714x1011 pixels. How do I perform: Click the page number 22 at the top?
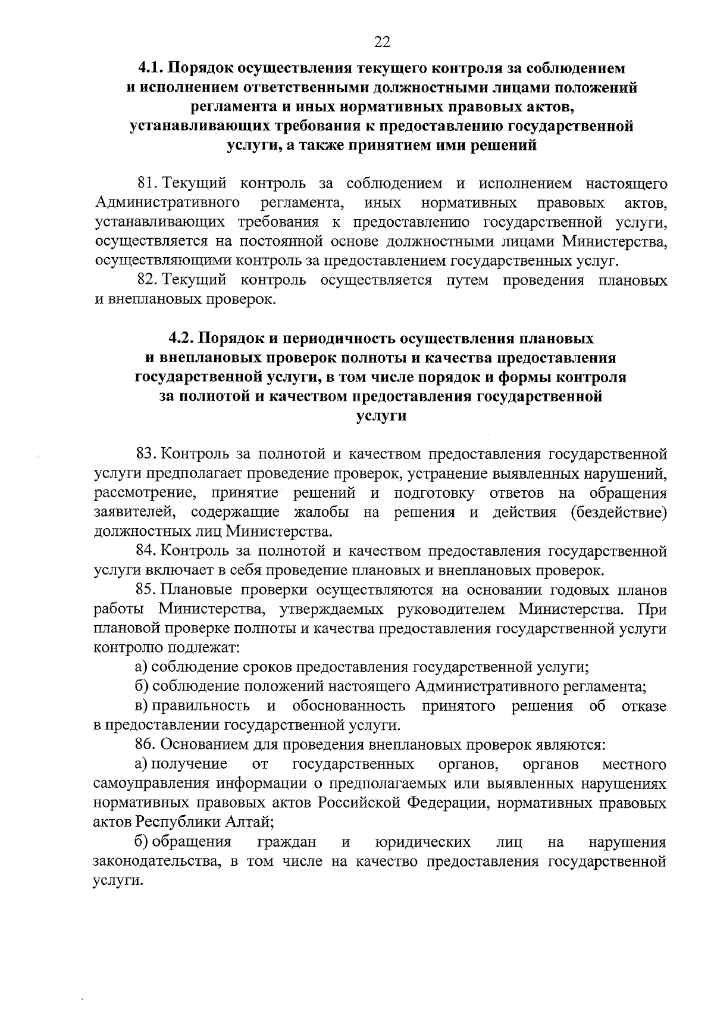[381, 41]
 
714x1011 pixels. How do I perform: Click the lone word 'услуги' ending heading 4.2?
[381, 416]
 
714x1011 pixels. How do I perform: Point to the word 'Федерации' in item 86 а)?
[447, 803]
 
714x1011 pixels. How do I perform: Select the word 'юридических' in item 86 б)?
[424, 842]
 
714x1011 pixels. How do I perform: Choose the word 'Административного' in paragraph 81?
[167, 203]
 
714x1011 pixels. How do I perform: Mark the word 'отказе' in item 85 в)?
[643, 706]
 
